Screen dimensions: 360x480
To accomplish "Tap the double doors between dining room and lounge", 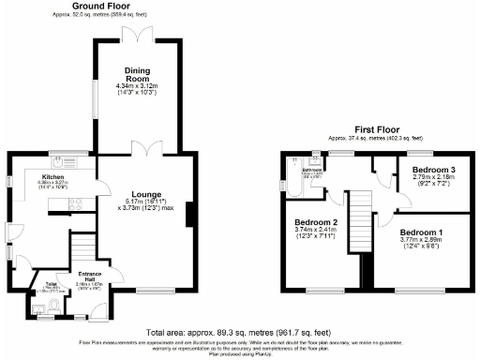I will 142,152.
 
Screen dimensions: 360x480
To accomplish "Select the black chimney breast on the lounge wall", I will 189,215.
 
